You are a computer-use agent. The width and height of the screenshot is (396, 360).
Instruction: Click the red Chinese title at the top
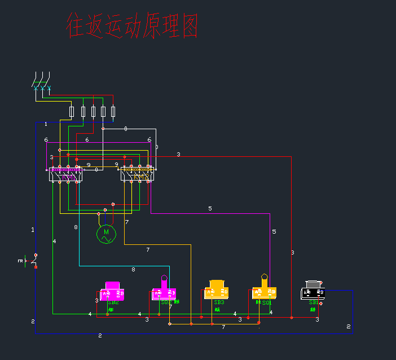[x=132, y=26]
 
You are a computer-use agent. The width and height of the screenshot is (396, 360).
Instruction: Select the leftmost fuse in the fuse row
[x=72, y=111]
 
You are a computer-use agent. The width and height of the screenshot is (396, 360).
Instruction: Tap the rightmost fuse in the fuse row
[x=113, y=111]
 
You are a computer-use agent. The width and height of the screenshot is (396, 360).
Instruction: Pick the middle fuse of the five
[x=93, y=111]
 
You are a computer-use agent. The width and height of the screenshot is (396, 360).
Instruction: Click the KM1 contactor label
[x=67, y=177]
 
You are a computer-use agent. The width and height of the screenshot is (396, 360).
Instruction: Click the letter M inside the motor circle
[x=105, y=231]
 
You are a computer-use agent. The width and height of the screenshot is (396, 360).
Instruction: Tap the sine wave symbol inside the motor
[x=105, y=239]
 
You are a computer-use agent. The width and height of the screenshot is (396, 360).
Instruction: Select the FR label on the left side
[x=20, y=261]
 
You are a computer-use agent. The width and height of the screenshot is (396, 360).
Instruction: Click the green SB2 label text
[x=111, y=303]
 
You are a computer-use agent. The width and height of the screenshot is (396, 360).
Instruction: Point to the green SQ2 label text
[x=166, y=303]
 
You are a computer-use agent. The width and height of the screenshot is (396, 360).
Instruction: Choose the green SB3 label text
[x=219, y=302]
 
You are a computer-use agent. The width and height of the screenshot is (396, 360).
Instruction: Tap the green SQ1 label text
[x=267, y=302]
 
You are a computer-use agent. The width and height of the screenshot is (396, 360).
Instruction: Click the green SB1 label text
[x=313, y=302]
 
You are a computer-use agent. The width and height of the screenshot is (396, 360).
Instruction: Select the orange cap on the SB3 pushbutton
[x=217, y=284]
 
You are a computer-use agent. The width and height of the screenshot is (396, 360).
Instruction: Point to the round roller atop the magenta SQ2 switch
[x=164, y=277]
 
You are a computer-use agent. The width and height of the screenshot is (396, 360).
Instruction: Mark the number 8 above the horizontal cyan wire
[x=134, y=269]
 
